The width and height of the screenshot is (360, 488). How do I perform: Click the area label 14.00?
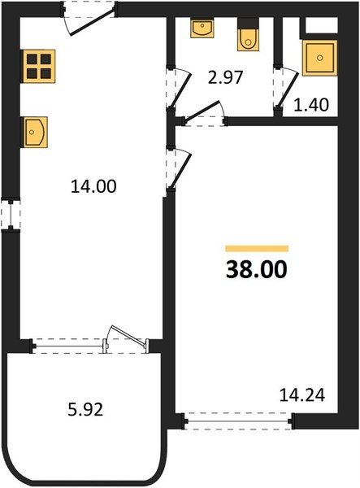[x=93, y=187]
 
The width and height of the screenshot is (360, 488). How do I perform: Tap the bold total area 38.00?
[x=257, y=270]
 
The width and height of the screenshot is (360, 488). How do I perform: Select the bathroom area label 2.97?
[x=225, y=78]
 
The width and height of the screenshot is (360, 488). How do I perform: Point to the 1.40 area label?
[x=311, y=105]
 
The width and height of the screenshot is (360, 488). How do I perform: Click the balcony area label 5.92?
[x=85, y=410]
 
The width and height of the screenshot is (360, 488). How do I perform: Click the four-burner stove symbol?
[x=39, y=66]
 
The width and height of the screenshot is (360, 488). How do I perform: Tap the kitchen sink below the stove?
[x=34, y=132]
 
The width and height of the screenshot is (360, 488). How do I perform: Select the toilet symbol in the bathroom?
[x=248, y=40]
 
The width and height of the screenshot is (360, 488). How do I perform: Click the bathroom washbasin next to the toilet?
[x=202, y=28]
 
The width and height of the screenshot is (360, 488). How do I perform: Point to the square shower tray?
[x=319, y=58]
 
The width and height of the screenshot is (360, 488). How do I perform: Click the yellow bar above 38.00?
[x=257, y=248]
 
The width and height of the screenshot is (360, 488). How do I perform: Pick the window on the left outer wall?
[x=11, y=215]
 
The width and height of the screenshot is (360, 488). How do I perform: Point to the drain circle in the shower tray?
[x=319, y=58]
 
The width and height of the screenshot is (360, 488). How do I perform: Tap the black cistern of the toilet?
[x=248, y=23]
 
